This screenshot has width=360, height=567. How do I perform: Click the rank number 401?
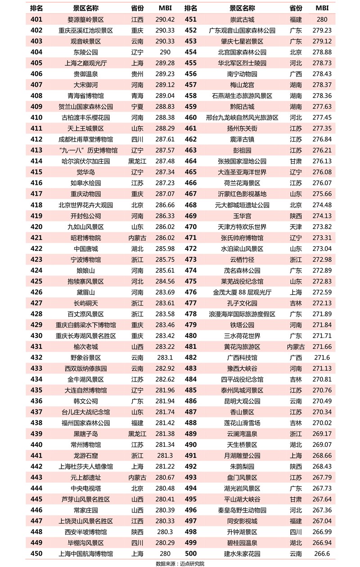[x=36, y=19]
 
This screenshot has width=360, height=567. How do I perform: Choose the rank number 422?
[x=36, y=248]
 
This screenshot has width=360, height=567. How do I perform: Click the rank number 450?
[x=36, y=553]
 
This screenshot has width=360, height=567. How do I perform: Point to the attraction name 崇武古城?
[x=242, y=19]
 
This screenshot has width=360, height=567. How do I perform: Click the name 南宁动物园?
[x=242, y=74]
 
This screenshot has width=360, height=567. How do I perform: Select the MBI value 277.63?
[x=322, y=107]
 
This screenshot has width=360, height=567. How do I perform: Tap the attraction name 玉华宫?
[x=242, y=216]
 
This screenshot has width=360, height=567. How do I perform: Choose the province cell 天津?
[x=296, y=227]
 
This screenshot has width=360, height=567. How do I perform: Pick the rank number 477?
[x=191, y=303]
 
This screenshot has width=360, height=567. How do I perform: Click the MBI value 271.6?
[x=322, y=358]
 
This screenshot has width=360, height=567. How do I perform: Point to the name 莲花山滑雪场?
[x=242, y=423]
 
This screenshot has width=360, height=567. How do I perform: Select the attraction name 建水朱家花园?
[x=242, y=553]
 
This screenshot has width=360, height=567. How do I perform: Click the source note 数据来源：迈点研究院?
[x=180, y=563]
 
